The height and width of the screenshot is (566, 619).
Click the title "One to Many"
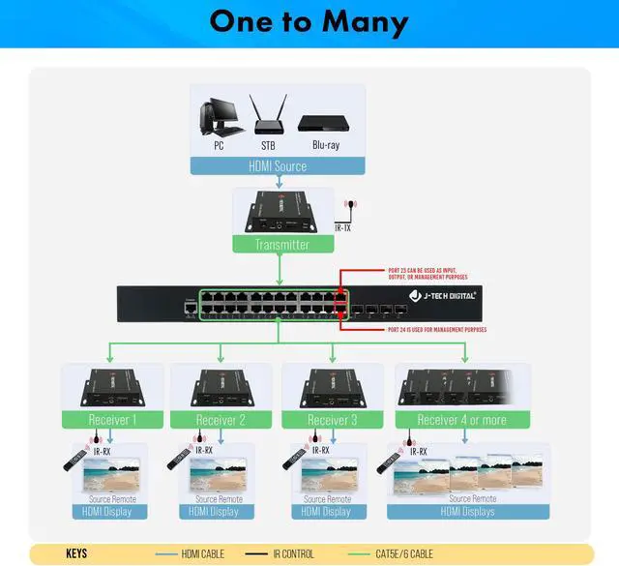click(309, 22)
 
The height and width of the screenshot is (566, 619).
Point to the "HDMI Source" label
click(278, 166)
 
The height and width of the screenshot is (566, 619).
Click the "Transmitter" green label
click(281, 245)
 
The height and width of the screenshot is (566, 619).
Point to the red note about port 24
click(429, 330)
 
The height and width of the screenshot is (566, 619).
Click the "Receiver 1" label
click(112, 420)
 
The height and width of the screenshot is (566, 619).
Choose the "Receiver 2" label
click(221, 420)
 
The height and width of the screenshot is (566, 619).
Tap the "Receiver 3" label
click(332, 420)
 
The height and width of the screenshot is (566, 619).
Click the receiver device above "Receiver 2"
click(221, 386)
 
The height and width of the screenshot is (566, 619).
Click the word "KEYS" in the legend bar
click(76, 554)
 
